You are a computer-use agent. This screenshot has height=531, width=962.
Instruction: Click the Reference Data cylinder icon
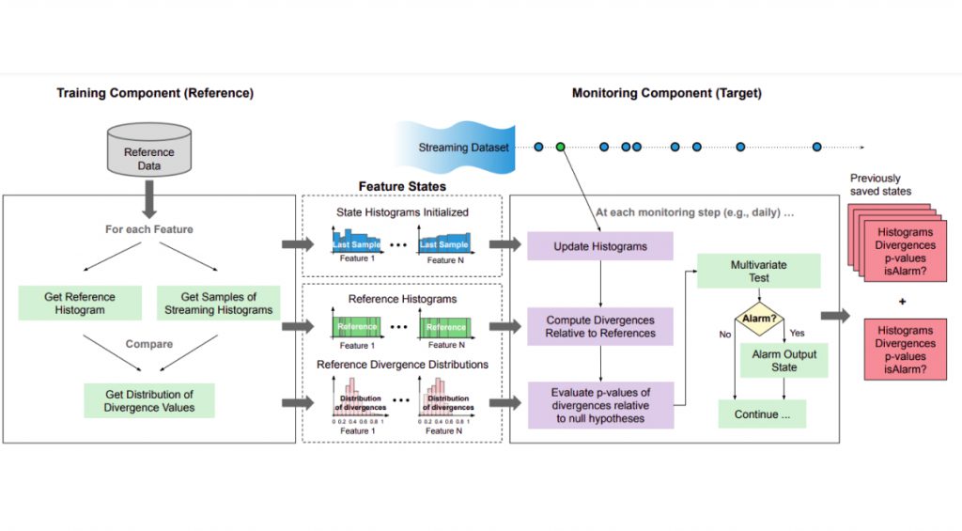point(148,153)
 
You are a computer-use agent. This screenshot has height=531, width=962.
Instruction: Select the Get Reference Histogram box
point(78,304)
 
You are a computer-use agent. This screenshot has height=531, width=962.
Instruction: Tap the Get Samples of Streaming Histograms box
point(218,304)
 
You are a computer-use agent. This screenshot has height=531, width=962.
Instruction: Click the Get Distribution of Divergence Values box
point(149,400)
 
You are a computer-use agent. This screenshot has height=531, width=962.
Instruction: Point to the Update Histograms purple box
point(600,246)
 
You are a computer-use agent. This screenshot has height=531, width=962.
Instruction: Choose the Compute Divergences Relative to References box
point(600,327)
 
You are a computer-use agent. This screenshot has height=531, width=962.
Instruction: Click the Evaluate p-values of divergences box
point(600,405)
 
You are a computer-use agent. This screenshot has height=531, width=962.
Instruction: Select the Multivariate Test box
point(759,272)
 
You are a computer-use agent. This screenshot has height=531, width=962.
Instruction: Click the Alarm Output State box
point(784,361)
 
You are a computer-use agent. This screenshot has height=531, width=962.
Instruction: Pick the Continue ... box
point(762,414)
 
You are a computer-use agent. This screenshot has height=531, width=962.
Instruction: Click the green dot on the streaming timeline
point(561,147)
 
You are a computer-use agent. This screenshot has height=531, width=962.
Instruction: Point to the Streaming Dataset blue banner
point(460,148)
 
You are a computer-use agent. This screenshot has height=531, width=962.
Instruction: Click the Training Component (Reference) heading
point(154,93)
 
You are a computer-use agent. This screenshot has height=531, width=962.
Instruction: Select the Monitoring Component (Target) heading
point(666,93)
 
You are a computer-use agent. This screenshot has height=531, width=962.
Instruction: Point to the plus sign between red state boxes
point(903,302)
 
